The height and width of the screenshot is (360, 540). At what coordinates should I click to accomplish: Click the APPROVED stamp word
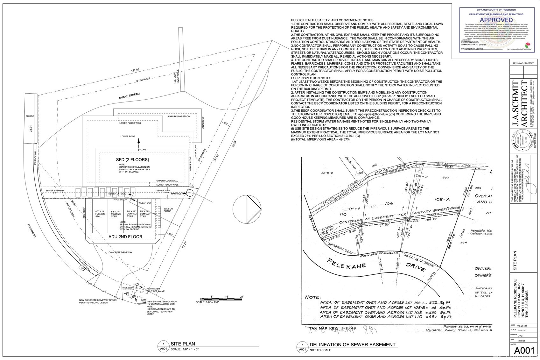(x=496, y=20)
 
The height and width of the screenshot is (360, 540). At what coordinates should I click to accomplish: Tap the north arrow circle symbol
(x=247, y=209)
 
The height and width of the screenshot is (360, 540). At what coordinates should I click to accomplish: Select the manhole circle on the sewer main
(x=190, y=193)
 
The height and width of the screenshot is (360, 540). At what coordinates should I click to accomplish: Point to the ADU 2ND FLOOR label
(x=125, y=236)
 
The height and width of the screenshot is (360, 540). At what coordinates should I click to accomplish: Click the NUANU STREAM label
(x=130, y=96)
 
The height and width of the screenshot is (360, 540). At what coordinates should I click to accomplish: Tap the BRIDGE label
(x=30, y=116)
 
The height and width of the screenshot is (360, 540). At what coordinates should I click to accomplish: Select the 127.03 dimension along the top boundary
(x=135, y=70)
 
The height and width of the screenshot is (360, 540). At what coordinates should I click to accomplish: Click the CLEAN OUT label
(x=145, y=203)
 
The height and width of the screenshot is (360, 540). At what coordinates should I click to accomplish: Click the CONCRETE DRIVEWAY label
(x=120, y=252)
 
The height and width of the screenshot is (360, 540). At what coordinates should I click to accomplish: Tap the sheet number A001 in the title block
(x=524, y=351)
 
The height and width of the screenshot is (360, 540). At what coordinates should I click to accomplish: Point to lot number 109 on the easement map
(x=389, y=203)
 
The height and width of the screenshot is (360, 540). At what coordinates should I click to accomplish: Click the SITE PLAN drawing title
(x=183, y=344)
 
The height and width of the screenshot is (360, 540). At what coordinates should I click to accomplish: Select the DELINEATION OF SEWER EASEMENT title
(x=352, y=344)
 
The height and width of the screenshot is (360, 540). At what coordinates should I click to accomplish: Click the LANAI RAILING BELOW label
(x=178, y=116)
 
